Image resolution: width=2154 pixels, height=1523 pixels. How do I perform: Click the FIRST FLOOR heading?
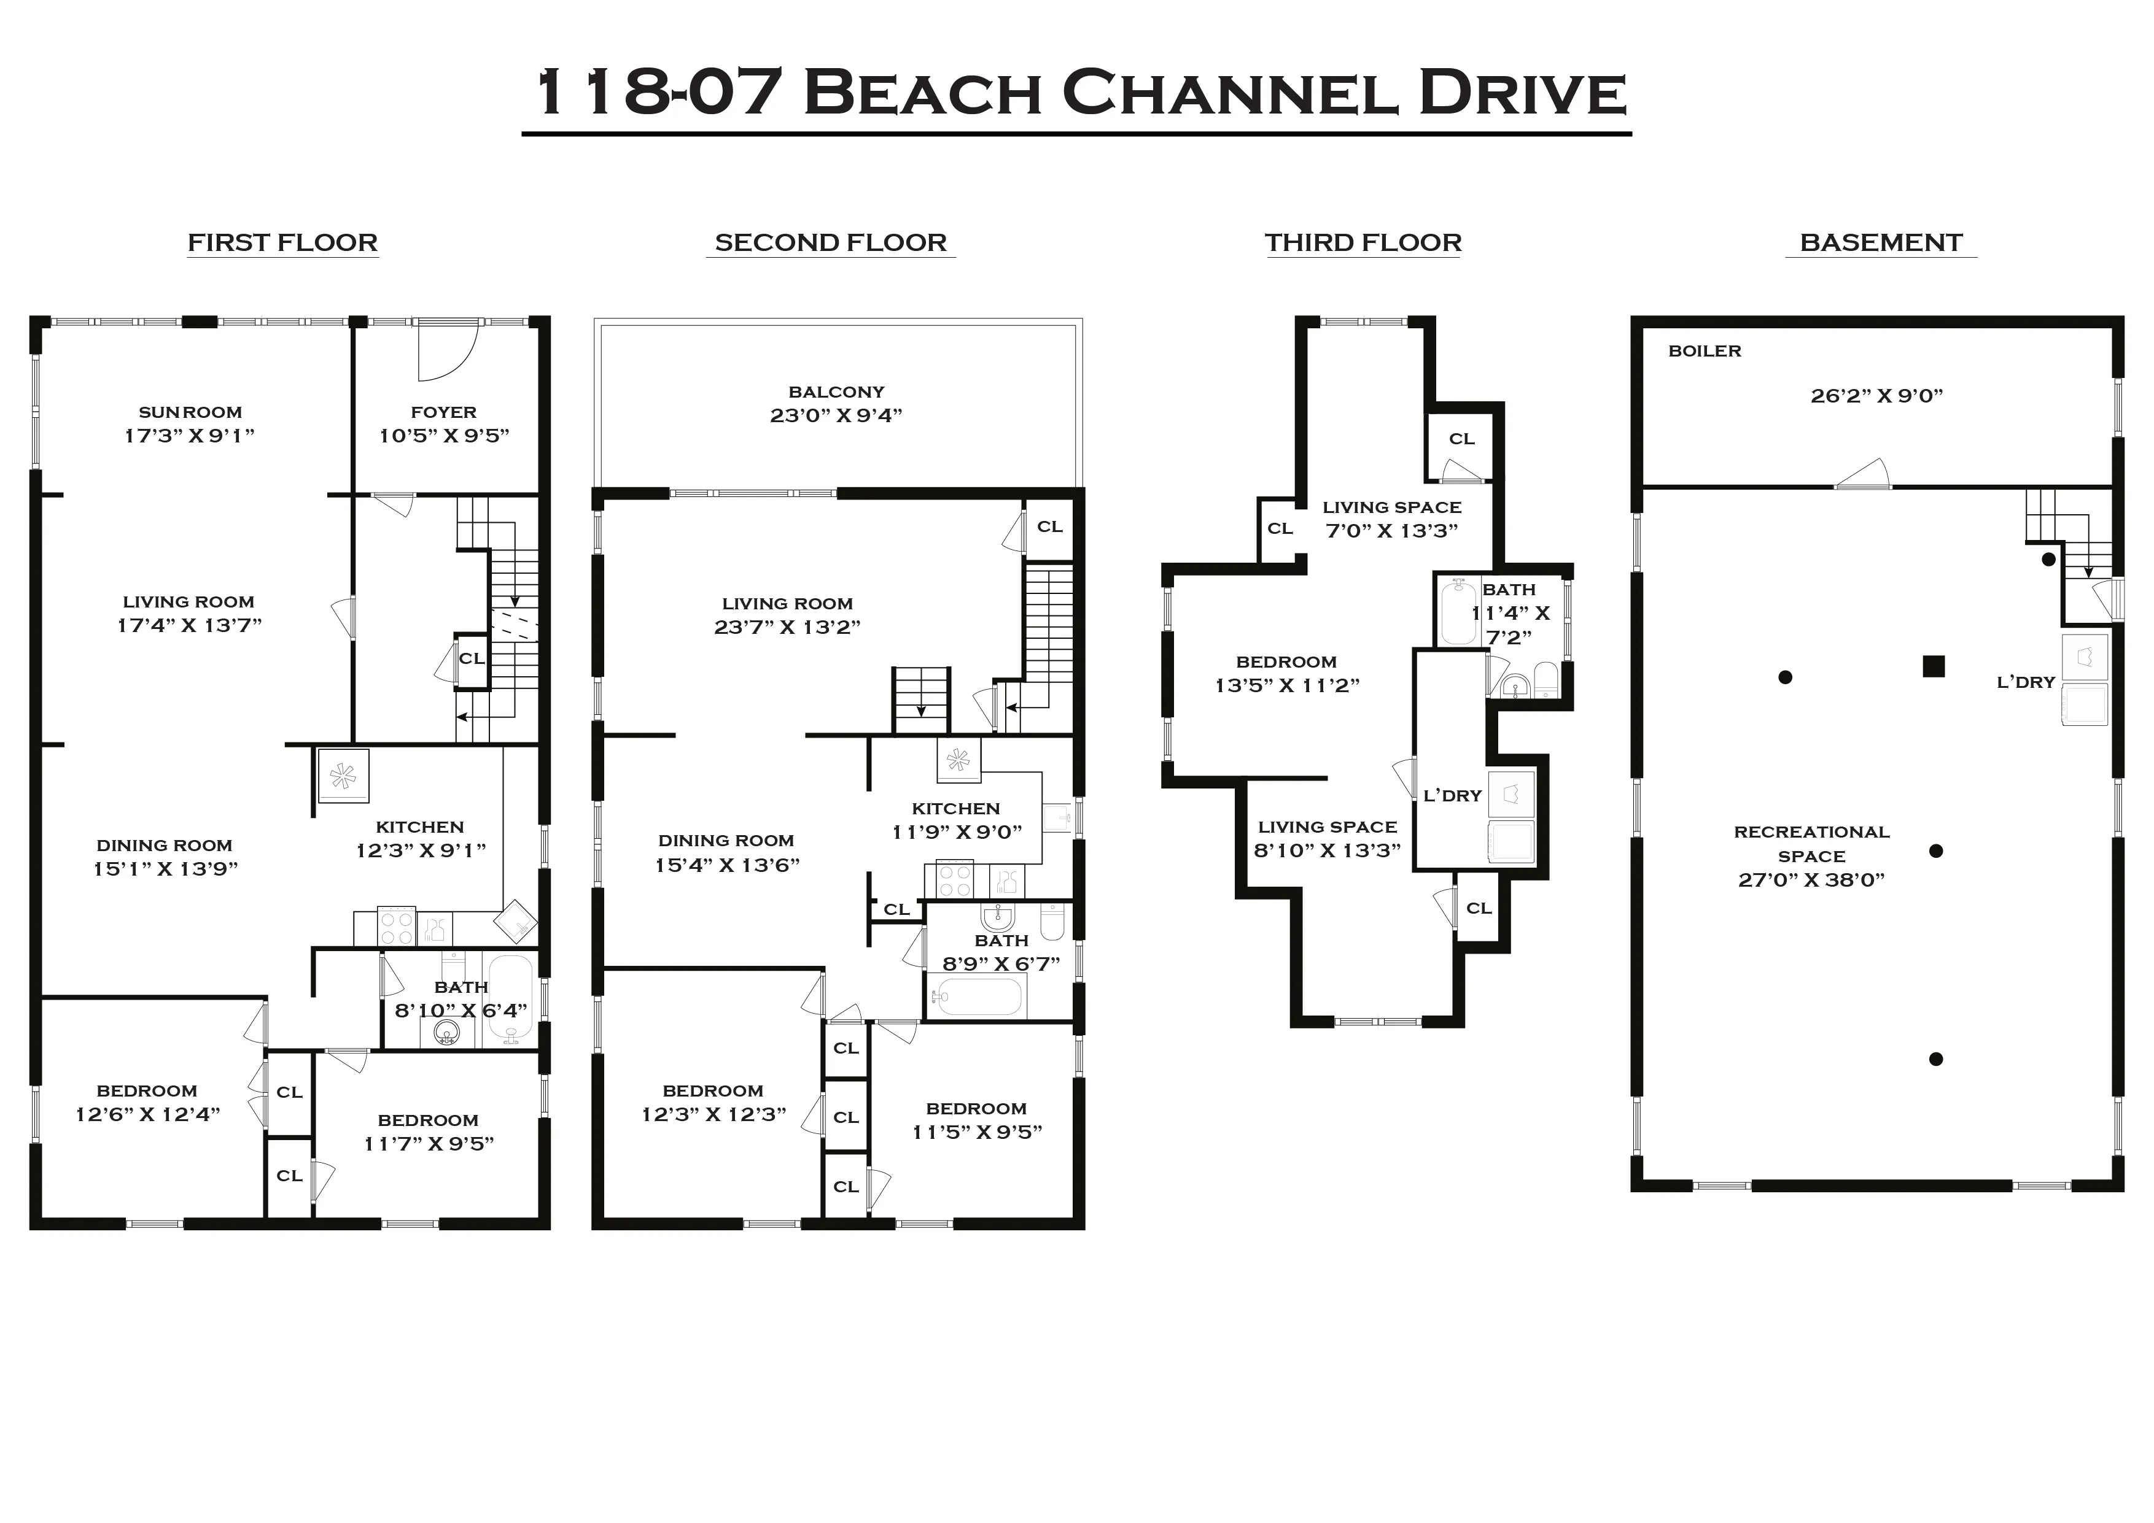282,243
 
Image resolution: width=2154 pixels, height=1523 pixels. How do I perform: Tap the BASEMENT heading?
1880,243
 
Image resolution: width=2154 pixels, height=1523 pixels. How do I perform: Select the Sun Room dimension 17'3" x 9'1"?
190,435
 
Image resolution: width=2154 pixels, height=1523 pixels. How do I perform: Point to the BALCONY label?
836,392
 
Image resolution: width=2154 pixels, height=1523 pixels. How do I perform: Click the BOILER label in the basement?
1704,351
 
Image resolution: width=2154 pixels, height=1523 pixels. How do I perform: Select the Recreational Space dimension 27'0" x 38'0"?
1811,880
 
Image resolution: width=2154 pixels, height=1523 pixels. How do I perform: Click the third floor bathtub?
1458,612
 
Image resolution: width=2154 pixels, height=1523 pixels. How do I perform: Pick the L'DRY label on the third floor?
1452,795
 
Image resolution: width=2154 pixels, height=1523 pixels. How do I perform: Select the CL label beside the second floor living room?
1049,527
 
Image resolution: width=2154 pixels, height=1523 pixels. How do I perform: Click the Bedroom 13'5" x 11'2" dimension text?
1286,685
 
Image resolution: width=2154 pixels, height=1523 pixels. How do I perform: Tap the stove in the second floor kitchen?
955,882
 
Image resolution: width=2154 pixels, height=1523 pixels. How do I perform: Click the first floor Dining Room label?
164,845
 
